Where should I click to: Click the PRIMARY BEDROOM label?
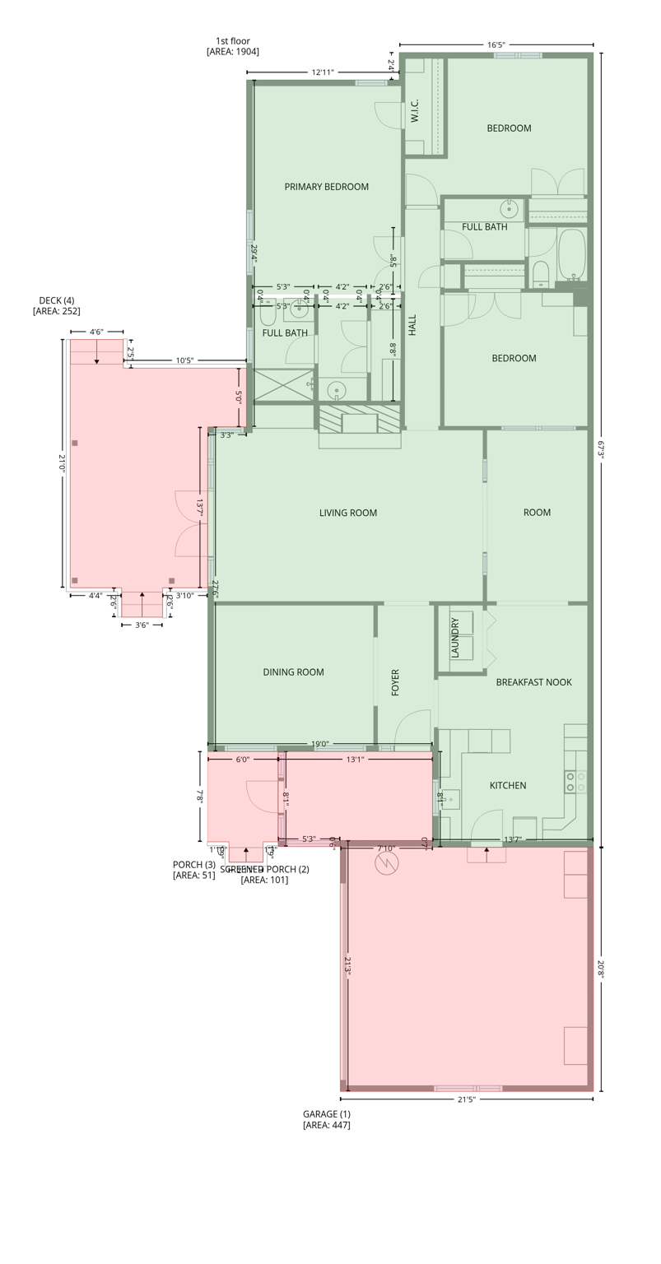pos(326,187)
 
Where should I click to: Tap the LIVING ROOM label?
pos(347,513)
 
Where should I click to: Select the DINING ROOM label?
pos(293,672)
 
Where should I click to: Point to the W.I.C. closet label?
pos(415,111)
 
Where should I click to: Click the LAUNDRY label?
pos(455,638)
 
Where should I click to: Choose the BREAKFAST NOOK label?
pos(533,682)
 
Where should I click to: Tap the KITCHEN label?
pos(507,785)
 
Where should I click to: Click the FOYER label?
pos(395,683)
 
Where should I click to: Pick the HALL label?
pos(412,324)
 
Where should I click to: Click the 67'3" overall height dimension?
pos(602,448)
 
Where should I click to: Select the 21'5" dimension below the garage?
pos(466,1099)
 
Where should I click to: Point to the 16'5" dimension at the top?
pos(496,45)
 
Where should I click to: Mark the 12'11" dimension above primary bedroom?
pos(323,72)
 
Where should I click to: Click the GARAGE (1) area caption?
pos(326,1119)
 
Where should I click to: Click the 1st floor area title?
pos(233,46)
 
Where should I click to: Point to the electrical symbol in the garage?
pos(385,862)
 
